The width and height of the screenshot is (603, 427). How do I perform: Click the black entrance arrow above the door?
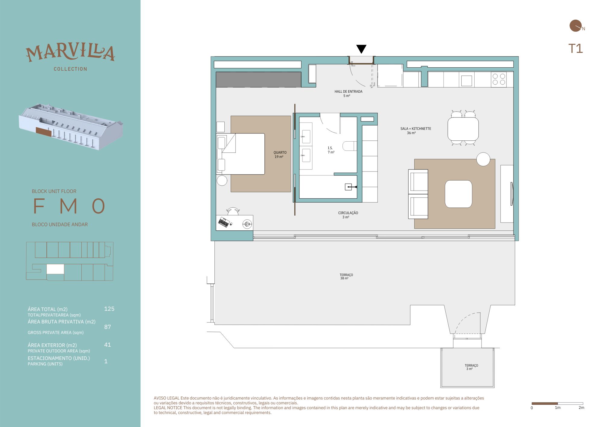click(x=361, y=49)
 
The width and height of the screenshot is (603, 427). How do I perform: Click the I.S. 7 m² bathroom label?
click(x=331, y=150)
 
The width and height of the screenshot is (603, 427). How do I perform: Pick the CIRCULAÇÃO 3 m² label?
click(x=348, y=215)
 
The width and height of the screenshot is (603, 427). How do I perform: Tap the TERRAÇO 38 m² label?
click(x=346, y=277)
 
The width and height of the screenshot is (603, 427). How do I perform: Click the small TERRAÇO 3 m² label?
click(x=471, y=367)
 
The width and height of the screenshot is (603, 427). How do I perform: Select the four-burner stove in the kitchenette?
click(x=499, y=79)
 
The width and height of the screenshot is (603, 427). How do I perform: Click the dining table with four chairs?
click(x=463, y=128)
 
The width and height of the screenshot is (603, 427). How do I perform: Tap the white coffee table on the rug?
click(x=458, y=194)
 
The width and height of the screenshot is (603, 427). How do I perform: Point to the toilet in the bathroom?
click(x=350, y=146)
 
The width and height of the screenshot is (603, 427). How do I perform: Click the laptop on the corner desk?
click(x=224, y=222)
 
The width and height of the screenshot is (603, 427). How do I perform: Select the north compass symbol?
click(x=576, y=26)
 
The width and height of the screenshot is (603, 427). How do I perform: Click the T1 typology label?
click(x=576, y=49)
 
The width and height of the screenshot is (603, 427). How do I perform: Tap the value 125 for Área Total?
click(x=109, y=309)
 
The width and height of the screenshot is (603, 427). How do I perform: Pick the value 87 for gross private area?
click(x=107, y=327)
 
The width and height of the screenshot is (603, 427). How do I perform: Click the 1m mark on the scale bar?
click(x=557, y=407)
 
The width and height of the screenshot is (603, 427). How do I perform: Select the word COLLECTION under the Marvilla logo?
click(x=71, y=69)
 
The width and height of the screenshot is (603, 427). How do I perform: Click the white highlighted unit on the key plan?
click(x=55, y=269)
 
